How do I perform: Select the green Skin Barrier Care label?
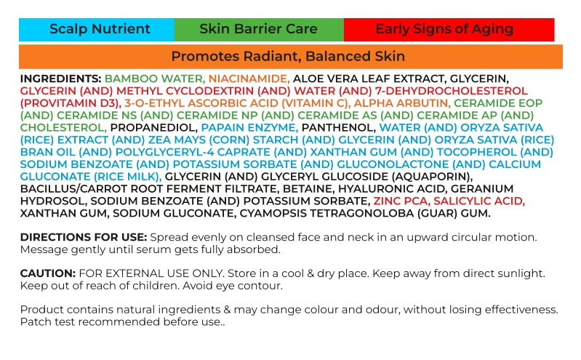pyautogui.click(x=259, y=29)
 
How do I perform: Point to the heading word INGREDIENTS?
pyautogui.click(x=61, y=79)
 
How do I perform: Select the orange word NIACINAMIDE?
pyautogui.click(x=249, y=79)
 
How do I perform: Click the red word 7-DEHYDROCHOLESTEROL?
pyautogui.click(x=452, y=91)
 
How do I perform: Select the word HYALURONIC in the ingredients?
pyautogui.click(x=375, y=188)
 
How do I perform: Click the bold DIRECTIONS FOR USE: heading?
pyautogui.click(x=84, y=237)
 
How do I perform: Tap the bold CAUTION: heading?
pyautogui.click(x=48, y=273)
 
